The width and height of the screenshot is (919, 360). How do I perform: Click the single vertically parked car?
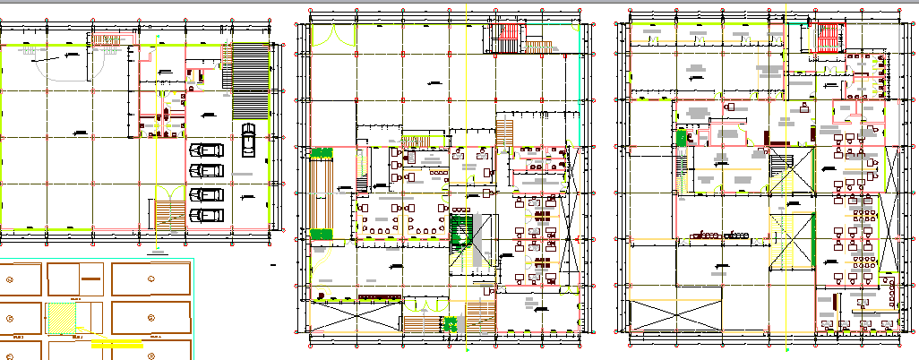(x=248, y=140)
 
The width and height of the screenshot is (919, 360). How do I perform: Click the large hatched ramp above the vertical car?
(x=250, y=80)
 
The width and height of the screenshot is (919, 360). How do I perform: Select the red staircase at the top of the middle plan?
(x=505, y=40)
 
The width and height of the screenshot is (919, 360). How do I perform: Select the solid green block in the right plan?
(x=680, y=138)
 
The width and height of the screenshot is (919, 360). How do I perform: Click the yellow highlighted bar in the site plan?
(x=116, y=343)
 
